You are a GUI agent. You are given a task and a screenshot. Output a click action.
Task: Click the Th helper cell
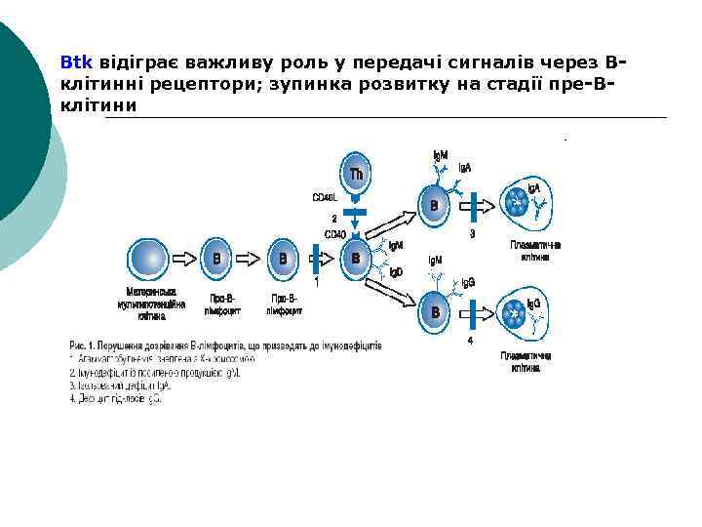click(357, 173)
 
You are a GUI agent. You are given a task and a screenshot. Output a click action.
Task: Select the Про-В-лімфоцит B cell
click(216, 260)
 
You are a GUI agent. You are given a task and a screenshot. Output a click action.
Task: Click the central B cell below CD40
click(356, 259)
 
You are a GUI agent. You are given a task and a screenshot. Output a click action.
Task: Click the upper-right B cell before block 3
click(435, 206)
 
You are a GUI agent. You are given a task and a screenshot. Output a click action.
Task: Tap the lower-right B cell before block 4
click(435, 312)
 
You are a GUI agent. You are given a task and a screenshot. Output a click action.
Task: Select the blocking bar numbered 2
click(356, 212)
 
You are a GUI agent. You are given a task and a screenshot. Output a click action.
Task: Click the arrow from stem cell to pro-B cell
click(183, 260)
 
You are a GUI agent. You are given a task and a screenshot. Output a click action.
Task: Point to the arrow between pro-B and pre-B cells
click(250, 260)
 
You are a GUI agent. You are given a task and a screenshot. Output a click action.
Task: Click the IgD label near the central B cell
click(395, 272)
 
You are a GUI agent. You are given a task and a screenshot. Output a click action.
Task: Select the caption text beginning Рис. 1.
click(225, 345)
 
